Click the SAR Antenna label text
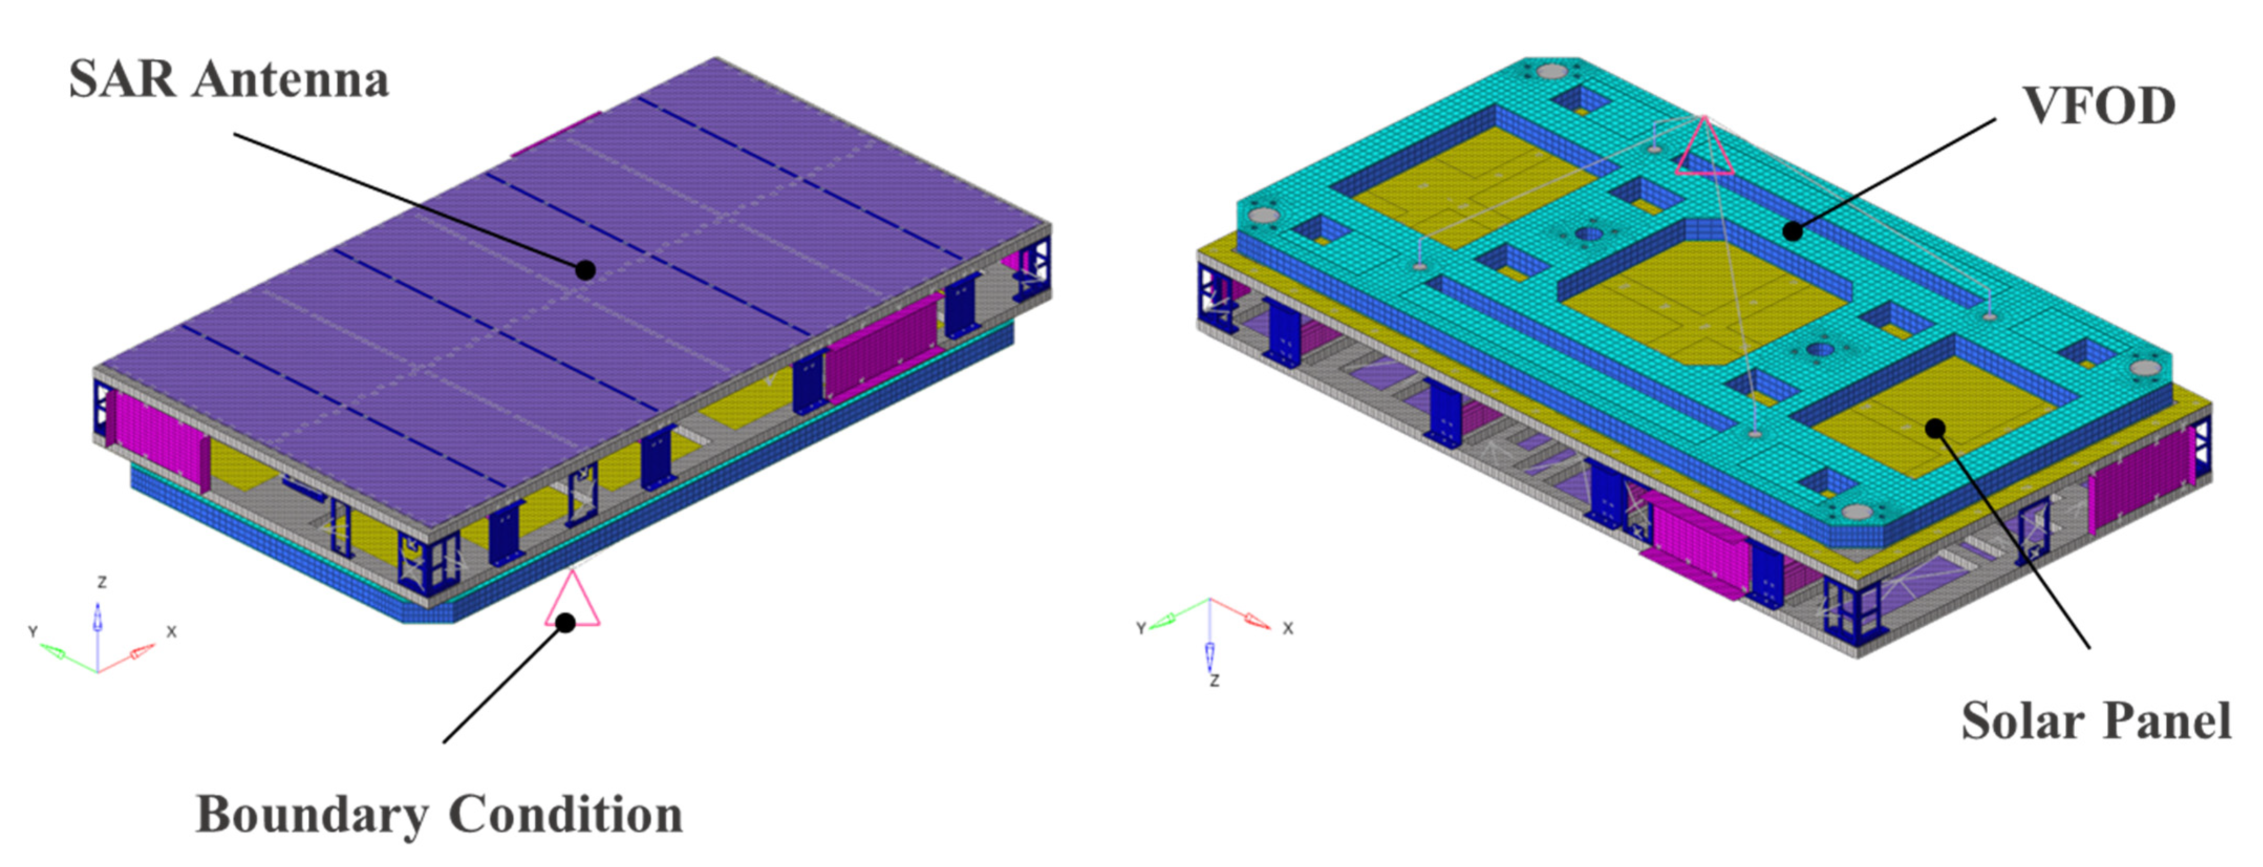(229, 79)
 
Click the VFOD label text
(2099, 106)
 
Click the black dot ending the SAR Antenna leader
(585, 270)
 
